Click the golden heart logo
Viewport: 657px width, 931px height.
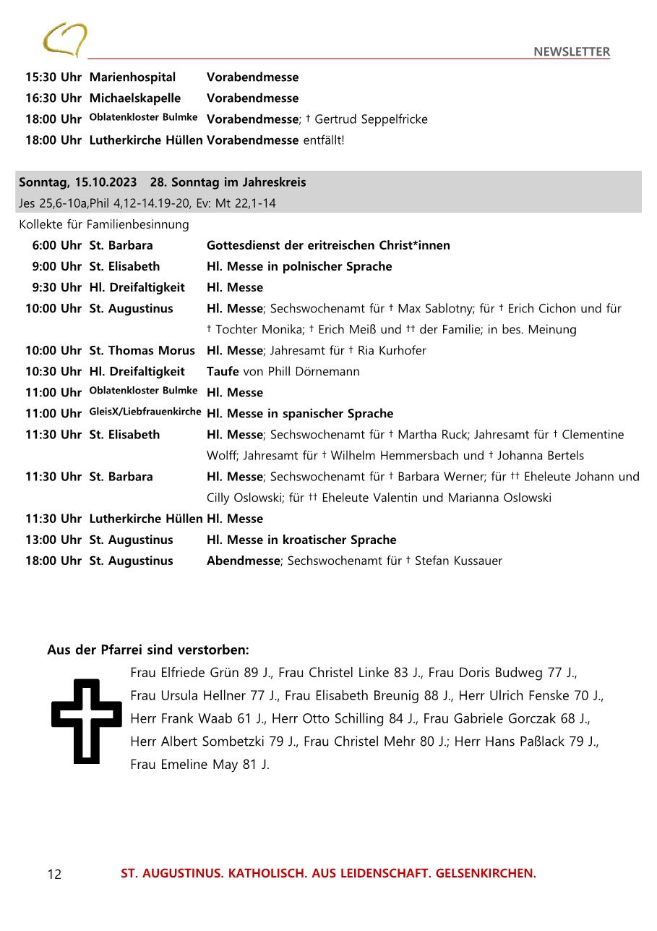[65, 39]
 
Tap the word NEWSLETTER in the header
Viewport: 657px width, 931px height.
[572, 51]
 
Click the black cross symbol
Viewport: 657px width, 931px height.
[86, 721]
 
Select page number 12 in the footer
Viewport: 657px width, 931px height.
[54, 875]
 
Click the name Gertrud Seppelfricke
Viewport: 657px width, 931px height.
[371, 119]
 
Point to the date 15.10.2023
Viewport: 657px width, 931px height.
[106, 182]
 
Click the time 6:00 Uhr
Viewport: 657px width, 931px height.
[56, 245]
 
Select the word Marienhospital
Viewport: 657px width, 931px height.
[132, 77]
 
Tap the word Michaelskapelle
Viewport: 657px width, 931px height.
[134, 98]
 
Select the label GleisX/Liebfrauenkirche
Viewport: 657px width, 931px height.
[145, 412]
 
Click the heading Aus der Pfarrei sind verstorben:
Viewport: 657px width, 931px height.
[148, 650]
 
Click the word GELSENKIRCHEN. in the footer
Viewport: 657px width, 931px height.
[486, 873]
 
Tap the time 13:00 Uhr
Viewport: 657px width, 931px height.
[53, 540]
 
